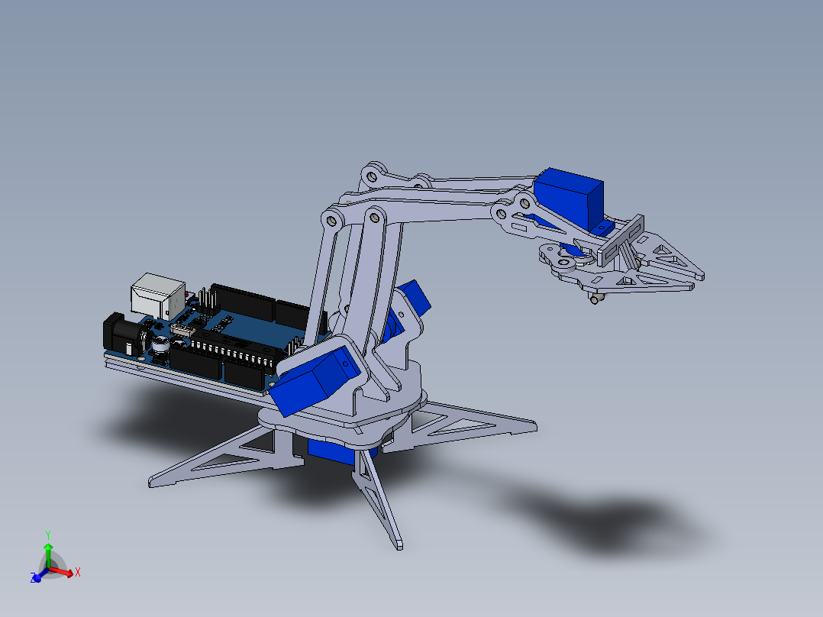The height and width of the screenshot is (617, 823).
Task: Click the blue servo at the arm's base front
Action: point(313,380)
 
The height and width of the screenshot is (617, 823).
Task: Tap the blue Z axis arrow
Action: point(36,577)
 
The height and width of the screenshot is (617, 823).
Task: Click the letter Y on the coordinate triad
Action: point(47,535)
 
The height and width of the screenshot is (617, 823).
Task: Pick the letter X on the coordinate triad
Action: point(78,571)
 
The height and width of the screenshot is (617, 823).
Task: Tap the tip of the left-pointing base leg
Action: point(152,483)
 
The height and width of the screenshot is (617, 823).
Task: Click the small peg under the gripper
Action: point(595,299)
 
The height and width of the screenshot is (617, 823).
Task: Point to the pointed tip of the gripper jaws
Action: point(699,273)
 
